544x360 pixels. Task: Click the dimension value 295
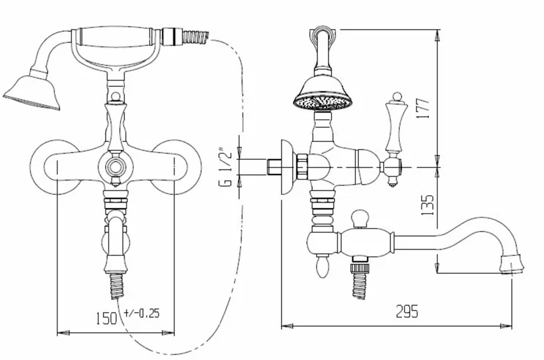pyautogui.click(x=407, y=311)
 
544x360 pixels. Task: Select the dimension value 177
pyautogui.click(x=423, y=108)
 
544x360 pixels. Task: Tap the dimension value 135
pyautogui.click(x=427, y=204)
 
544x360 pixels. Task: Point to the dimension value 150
pyautogui.click(x=107, y=318)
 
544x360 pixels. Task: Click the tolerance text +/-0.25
pyautogui.click(x=141, y=313)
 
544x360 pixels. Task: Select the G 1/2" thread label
pyautogui.click(x=225, y=168)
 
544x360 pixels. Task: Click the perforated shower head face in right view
pyautogui.click(x=323, y=103)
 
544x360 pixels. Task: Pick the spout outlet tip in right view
pyautogui.click(x=511, y=264)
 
